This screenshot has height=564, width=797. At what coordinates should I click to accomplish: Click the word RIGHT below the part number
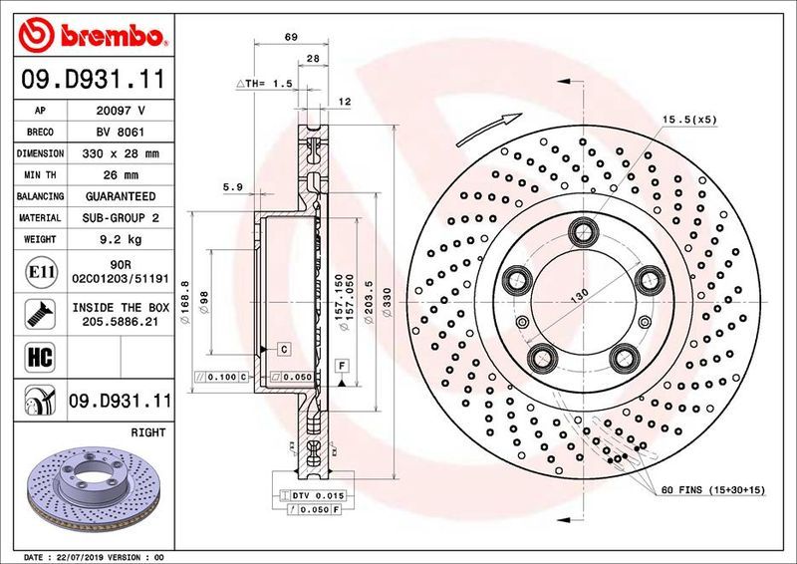147,433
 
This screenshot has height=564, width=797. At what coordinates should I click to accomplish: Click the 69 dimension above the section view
291,37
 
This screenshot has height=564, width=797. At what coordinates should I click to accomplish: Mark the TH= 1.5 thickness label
263,85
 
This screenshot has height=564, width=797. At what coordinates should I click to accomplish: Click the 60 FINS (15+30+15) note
711,490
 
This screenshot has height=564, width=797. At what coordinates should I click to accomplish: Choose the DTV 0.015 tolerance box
316,495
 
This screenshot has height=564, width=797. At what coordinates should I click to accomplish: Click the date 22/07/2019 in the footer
90,555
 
